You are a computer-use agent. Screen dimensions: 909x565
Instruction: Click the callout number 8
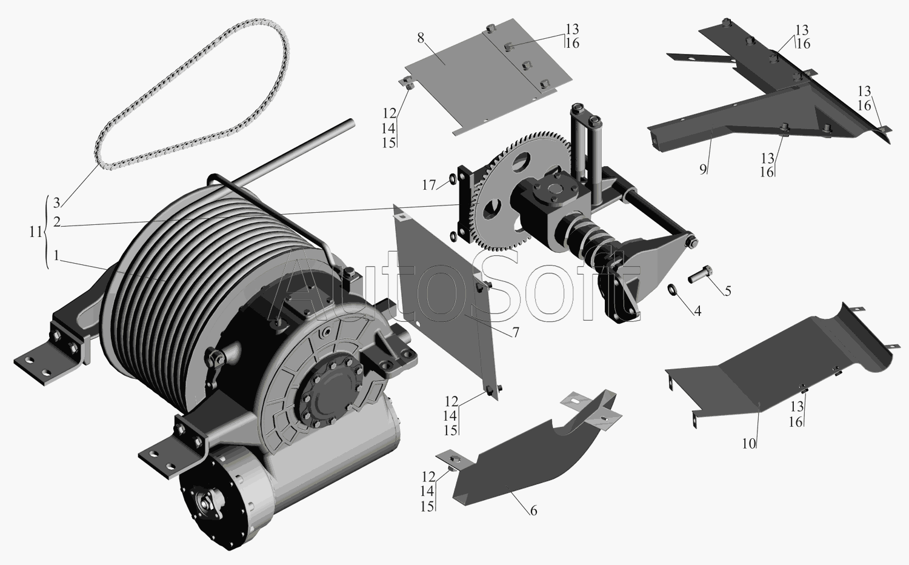(421, 38)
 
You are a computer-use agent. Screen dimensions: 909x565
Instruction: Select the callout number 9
(703, 169)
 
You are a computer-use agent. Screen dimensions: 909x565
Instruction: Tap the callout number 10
(749, 444)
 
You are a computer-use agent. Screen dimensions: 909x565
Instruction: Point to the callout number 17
(428, 185)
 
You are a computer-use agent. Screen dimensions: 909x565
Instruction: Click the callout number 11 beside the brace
(36, 232)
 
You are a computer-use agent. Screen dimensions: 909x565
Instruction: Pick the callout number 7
(515, 332)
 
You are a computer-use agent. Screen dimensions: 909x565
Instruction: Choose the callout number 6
(533, 510)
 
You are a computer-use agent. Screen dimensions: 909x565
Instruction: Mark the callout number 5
(728, 290)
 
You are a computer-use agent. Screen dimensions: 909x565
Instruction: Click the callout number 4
(697, 311)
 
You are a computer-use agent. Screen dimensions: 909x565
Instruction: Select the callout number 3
(56, 202)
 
